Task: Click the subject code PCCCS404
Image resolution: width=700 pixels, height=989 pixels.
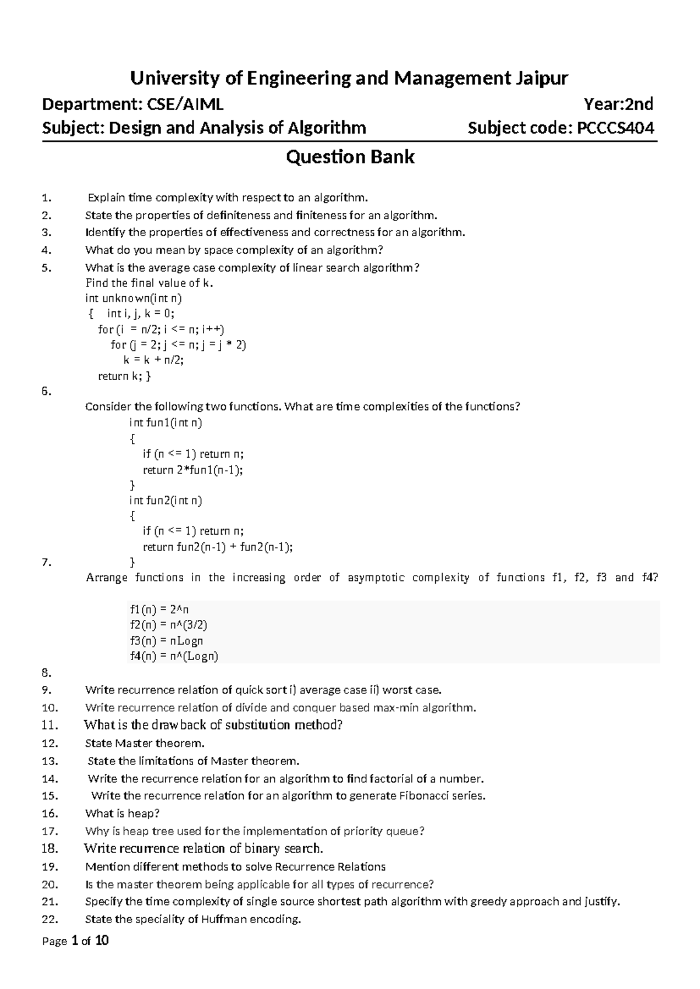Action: pos(615,128)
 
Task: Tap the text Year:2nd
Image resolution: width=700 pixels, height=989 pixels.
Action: pos(618,104)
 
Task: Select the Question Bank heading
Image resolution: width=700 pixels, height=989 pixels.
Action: pos(350,157)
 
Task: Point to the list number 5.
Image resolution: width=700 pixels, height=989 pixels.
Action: pos(47,268)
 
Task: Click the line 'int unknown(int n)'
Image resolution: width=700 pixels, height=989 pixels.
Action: pos(134,299)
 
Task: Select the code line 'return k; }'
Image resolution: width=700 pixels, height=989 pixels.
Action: pos(124,376)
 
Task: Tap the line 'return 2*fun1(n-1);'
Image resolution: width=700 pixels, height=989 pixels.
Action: pos(192,470)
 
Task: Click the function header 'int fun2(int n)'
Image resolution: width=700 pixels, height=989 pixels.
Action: pos(166,500)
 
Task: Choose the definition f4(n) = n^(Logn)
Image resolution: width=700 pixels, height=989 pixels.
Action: pos(174,656)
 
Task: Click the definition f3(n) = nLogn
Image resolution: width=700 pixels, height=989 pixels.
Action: pos(166,641)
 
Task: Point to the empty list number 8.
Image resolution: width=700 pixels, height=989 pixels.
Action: pos(47,673)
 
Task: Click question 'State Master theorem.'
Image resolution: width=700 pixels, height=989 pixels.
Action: pos(145,743)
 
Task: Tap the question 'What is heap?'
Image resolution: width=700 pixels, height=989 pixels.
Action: pos(123,813)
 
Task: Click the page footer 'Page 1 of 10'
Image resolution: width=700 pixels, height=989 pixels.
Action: pos(76,941)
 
